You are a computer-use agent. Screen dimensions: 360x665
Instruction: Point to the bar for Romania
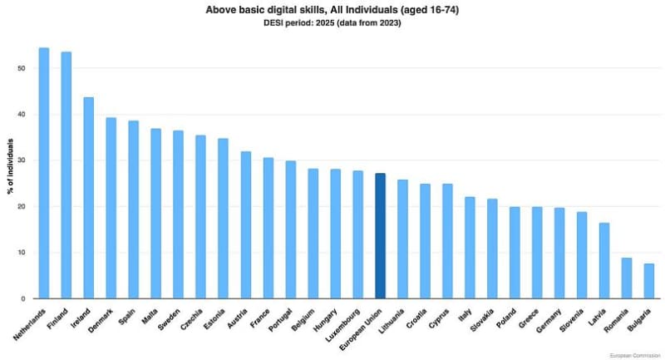click(x=627, y=278)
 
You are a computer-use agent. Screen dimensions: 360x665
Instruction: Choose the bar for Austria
click(x=246, y=224)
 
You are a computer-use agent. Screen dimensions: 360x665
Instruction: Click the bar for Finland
click(x=66, y=175)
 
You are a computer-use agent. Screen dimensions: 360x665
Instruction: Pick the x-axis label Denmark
click(x=102, y=319)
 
